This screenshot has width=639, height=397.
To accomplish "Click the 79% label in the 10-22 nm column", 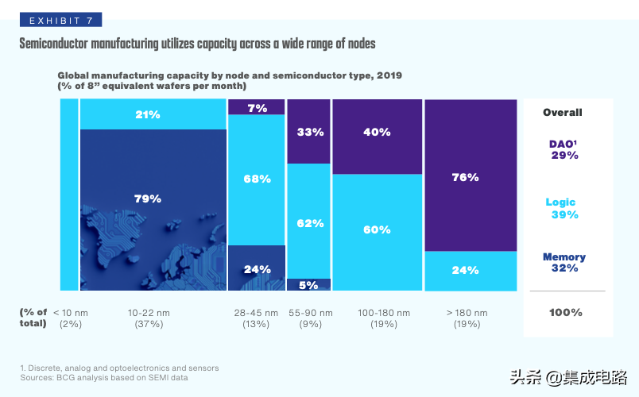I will (x=147, y=198).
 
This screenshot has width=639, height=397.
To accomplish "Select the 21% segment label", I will (x=147, y=114).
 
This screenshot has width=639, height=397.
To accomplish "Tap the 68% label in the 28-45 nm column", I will (x=257, y=179).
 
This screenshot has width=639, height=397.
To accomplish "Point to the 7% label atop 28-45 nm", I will (x=257, y=108).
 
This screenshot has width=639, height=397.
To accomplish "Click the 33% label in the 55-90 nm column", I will (x=310, y=132).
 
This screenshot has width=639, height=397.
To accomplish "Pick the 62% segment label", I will (x=310, y=223).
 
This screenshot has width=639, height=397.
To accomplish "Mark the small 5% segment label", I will (x=309, y=284).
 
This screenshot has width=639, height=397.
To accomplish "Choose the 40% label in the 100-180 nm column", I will (x=377, y=132).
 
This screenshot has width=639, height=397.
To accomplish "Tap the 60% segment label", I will (x=377, y=229).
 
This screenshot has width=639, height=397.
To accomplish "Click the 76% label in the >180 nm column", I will (x=465, y=177).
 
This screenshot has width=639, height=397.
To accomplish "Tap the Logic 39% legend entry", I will (x=564, y=209).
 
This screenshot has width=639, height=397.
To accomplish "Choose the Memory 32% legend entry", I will (x=564, y=263).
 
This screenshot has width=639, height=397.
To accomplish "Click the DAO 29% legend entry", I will (x=564, y=149).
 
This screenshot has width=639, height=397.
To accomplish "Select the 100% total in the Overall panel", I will (x=565, y=312).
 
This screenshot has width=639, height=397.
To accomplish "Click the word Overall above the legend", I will (x=563, y=112).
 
